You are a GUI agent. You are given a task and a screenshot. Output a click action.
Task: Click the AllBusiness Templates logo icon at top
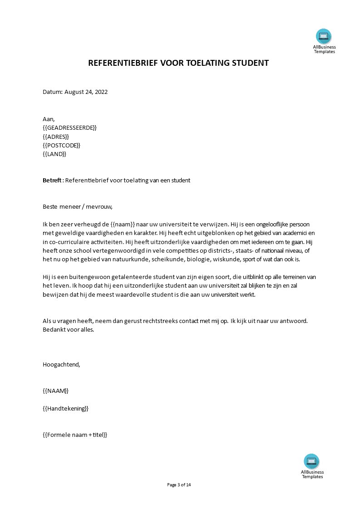(x=324, y=36)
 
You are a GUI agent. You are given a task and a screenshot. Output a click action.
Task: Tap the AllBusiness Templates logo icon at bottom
(x=311, y=461)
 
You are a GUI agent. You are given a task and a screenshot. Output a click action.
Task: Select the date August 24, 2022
(x=86, y=92)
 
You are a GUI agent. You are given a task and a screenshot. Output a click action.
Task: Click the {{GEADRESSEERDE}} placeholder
(x=69, y=128)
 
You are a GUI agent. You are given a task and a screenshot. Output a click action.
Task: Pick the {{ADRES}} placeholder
(x=56, y=137)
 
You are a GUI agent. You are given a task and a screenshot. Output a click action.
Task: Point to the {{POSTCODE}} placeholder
(x=61, y=145)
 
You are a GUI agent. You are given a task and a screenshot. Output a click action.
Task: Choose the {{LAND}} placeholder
(x=54, y=154)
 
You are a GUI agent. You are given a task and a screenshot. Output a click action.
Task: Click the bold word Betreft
(x=52, y=180)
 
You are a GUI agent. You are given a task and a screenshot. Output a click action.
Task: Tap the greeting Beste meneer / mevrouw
(x=77, y=206)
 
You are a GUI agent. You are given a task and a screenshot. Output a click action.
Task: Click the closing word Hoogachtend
(x=61, y=364)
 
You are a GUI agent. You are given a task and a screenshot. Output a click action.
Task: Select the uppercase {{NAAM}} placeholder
(x=55, y=391)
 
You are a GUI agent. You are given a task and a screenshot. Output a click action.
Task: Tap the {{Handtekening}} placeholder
(x=65, y=408)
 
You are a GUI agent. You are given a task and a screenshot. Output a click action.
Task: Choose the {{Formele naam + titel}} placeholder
(x=75, y=435)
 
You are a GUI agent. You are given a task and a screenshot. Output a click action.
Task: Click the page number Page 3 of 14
(x=179, y=485)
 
